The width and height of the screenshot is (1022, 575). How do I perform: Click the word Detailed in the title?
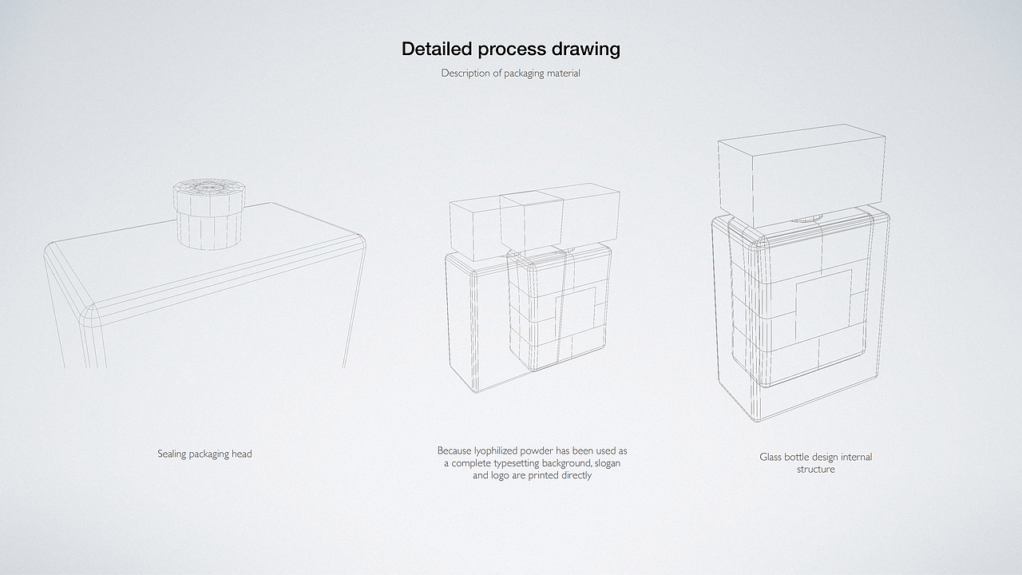437,49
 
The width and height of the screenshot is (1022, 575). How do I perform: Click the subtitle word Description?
465,73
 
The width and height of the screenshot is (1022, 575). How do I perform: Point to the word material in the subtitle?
564,73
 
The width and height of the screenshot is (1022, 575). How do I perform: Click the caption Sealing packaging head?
204,454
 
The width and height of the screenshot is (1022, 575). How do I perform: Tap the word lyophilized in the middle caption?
495,451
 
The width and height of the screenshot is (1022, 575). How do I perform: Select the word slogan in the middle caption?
608,463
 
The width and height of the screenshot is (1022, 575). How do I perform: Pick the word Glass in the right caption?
770,457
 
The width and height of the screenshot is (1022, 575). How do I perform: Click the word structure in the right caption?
816,469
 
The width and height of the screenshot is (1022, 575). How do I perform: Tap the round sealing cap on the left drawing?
209,213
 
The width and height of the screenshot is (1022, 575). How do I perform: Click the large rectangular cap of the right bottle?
802,176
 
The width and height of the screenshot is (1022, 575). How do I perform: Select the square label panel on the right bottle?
823,303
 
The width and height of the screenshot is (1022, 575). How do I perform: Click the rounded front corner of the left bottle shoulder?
89,315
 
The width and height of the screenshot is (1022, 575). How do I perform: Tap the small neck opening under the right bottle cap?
806,219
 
